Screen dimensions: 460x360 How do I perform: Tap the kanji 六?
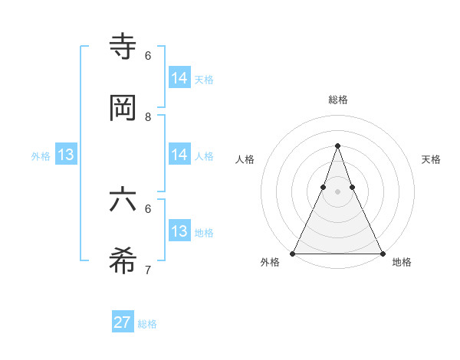tap(123, 201)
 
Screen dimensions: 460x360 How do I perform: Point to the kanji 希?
tap(123, 263)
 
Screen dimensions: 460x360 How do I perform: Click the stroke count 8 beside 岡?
tap(148, 117)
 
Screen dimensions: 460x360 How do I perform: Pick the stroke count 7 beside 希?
tap(148, 270)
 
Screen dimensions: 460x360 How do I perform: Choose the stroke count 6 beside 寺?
tap(148, 56)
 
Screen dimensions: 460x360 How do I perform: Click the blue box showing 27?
tap(122, 322)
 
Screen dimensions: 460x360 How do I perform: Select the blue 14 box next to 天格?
tap(179, 78)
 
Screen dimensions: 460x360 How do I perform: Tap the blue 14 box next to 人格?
tap(179, 155)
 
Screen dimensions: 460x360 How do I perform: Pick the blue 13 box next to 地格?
tap(179, 231)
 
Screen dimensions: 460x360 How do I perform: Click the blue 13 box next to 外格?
tap(66, 155)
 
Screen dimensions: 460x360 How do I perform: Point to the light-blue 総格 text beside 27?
tap(147, 324)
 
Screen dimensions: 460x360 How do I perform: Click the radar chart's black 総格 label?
tap(337, 100)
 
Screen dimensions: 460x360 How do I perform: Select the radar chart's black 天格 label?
tap(431, 159)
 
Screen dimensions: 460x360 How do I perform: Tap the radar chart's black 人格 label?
tap(245, 159)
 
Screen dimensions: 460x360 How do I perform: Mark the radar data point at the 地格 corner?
tap(382, 253)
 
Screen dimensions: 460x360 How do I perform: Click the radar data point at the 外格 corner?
tap(293, 253)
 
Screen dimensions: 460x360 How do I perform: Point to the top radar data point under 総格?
tap(337, 146)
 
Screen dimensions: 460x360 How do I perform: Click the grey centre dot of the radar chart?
tap(337, 191)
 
